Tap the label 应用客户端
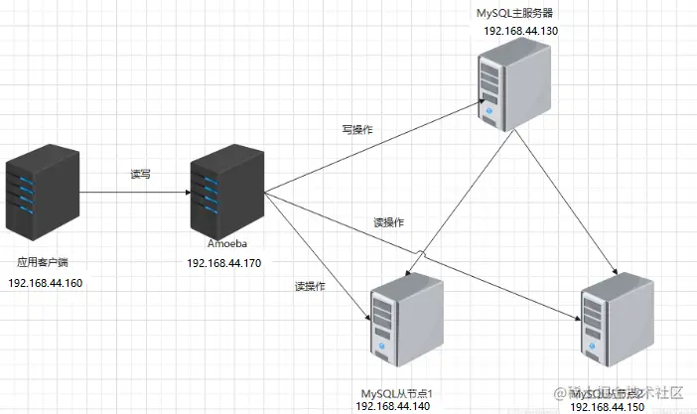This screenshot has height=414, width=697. (x=43, y=263)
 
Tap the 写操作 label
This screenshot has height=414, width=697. (x=357, y=129)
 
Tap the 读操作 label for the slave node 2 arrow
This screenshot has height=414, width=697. (x=388, y=221)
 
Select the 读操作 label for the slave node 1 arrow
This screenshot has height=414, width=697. (x=310, y=287)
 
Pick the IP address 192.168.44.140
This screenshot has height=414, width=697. (x=395, y=407)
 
